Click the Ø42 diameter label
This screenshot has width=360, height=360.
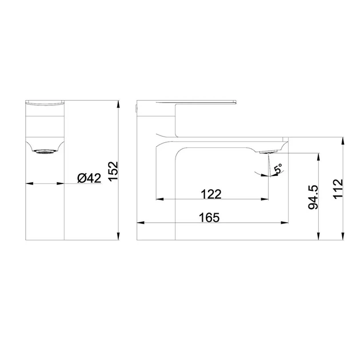point(89,178)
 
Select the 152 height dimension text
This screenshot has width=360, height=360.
point(113,171)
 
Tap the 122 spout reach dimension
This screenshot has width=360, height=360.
point(211,194)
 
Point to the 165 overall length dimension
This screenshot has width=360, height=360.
point(209,217)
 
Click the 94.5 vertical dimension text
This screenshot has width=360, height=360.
point(313,197)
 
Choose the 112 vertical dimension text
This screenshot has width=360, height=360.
point(338,189)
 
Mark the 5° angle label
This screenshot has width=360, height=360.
point(278,169)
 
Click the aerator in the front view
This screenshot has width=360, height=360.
point(45,151)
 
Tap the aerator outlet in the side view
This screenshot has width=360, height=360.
point(269,152)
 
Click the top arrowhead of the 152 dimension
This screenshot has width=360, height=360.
point(118,104)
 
